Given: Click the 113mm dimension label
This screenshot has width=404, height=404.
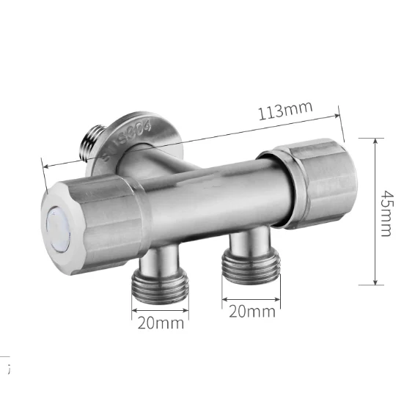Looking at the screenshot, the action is (285, 111).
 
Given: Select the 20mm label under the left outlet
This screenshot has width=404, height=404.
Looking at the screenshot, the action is (161, 323).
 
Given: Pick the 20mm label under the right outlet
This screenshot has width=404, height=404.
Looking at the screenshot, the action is (252, 311).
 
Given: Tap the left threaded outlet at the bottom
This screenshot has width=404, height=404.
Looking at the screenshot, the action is (160, 276).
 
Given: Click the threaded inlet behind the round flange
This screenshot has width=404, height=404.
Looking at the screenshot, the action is (93, 143).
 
